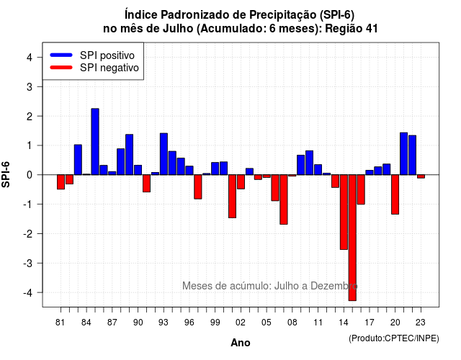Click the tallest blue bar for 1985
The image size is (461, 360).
click(x=95, y=142)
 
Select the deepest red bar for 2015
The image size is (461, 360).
click(x=352, y=238)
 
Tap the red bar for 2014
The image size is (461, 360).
click(x=344, y=212)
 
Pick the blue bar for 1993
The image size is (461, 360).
click(x=164, y=154)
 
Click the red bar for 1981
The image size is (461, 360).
click(x=61, y=182)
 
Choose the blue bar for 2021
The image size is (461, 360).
click(x=403, y=153)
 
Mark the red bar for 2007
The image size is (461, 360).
click(x=284, y=199)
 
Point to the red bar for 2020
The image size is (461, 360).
click(x=395, y=194)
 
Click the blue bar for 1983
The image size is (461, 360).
click(x=78, y=160)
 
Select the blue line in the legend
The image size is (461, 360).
click(x=61, y=55)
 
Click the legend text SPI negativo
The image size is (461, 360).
click(x=109, y=68)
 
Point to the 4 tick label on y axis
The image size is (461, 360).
click(x=30, y=58)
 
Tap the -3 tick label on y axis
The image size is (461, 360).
click(x=28, y=263)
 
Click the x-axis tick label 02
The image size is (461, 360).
click(x=241, y=323)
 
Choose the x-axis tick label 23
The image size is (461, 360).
click(x=421, y=323)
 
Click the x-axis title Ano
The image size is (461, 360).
click(x=241, y=343)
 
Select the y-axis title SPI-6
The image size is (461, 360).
click(x=6, y=174)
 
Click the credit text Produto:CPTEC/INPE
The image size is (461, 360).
click(x=394, y=338)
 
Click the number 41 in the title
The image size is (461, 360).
click(x=372, y=29)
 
